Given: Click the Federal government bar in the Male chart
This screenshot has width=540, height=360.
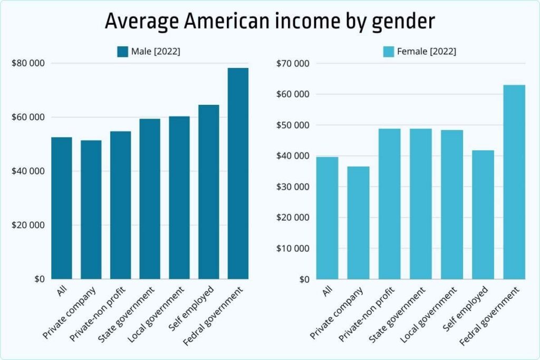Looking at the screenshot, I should click(x=238, y=174).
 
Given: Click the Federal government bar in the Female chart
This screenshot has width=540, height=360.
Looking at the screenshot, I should click(x=514, y=182).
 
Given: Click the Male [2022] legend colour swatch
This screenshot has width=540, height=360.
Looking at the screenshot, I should click(x=123, y=51).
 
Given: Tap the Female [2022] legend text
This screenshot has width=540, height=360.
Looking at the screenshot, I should click(x=427, y=52).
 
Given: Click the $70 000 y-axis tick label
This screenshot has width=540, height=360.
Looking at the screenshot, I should click(x=293, y=63).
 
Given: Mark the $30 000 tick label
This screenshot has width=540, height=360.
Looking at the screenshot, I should click(x=293, y=187).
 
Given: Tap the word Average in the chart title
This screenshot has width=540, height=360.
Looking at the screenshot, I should click(x=139, y=21).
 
